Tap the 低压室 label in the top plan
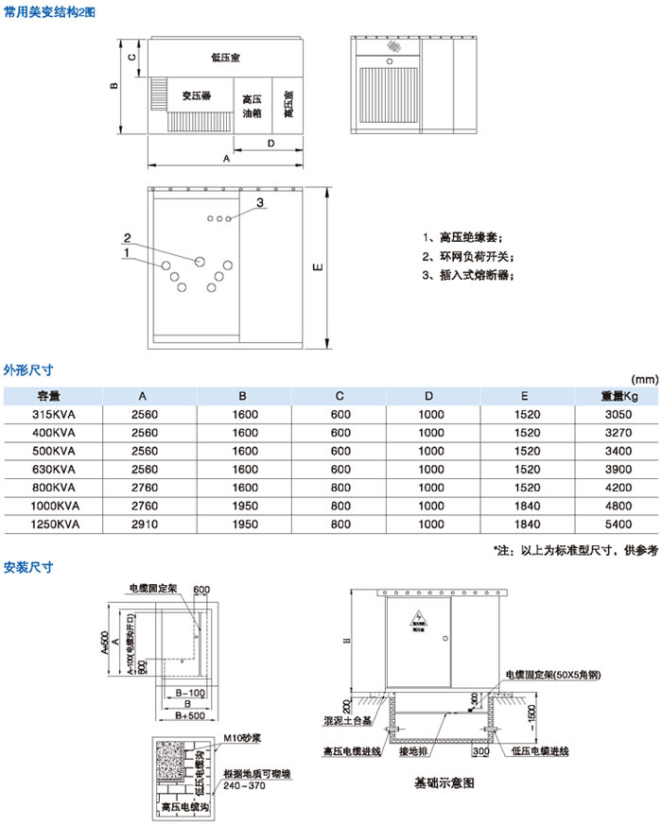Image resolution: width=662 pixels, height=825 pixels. point(225,59)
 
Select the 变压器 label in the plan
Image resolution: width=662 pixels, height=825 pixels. point(196,95)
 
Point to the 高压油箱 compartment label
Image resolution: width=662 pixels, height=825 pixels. point(251,106)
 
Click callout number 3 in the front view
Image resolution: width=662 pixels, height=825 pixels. point(258,201)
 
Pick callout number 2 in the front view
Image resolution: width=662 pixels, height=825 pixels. point(126,237)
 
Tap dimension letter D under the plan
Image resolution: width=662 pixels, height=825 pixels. point(270,144)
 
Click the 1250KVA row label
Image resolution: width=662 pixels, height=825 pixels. point(55,523)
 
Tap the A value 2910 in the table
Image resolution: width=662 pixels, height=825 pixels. point(142,523)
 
